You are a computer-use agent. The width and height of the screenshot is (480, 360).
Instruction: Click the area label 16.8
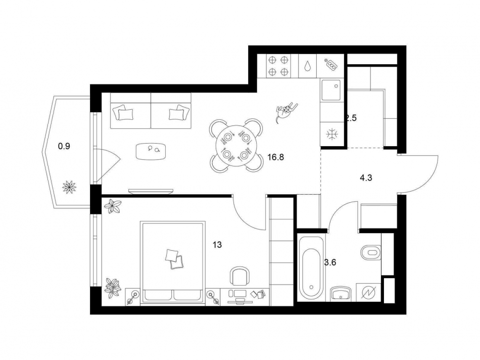(276, 157)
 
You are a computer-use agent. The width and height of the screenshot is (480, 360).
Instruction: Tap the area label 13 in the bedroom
(217, 245)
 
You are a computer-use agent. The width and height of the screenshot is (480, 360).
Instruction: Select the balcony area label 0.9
(64, 147)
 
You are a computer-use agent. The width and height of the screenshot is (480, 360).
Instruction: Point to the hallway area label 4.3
(367, 178)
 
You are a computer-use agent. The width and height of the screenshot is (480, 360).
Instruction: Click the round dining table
(236, 146)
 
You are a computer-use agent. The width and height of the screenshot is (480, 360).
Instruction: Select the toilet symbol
(371, 251)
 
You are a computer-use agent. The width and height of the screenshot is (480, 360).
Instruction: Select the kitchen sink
(332, 90)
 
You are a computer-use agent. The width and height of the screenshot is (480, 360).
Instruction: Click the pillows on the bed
(174, 258)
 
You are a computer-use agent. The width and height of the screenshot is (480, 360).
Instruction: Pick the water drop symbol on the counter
(308, 67)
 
